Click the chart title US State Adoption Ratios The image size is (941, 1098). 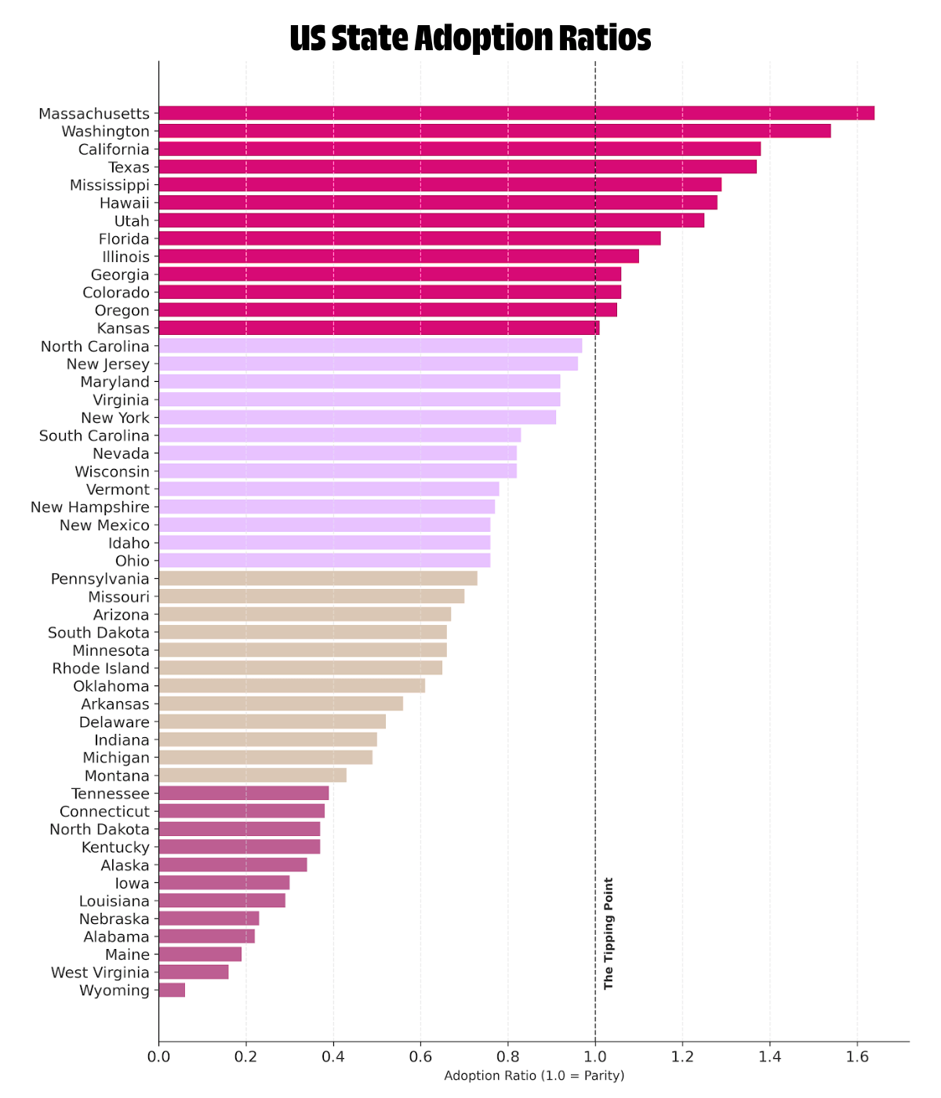click(x=470, y=38)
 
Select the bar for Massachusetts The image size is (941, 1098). click(x=516, y=114)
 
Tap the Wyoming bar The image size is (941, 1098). click(x=172, y=991)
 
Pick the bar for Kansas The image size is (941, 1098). click(x=379, y=329)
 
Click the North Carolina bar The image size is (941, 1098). click(x=370, y=346)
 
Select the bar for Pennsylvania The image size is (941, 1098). click(x=318, y=579)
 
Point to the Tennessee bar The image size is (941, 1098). click(x=243, y=794)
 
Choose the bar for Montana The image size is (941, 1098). click(x=253, y=776)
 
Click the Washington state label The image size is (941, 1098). click(x=105, y=132)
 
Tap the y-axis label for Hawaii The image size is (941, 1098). click(x=124, y=203)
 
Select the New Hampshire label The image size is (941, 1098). click(x=89, y=507)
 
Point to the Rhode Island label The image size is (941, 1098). click(x=100, y=669)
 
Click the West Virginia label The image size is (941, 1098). click(x=100, y=973)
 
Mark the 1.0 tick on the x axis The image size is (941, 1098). click(x=595, y=1056)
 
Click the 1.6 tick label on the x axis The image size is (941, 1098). click(x=857, y=1056)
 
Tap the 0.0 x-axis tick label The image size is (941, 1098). click(x=158, y=1056)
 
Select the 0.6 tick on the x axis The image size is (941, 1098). click(x=420, y=1056)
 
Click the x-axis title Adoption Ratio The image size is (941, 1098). click(x=534, y=1076)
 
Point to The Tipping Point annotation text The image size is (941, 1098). click(x=609, y=933)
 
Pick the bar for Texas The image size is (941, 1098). click(x=457, y=167)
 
